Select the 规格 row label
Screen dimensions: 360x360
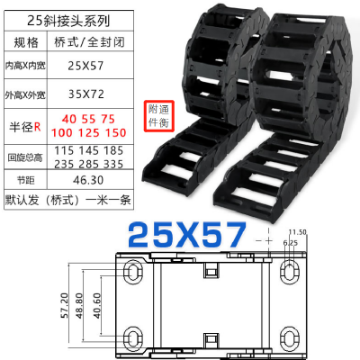27,41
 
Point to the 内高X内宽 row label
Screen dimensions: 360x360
27,66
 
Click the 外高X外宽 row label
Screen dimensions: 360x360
27,93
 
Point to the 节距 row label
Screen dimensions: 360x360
27,180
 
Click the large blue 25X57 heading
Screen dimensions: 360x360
186,236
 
